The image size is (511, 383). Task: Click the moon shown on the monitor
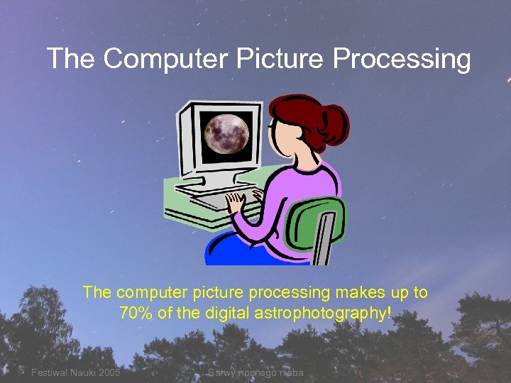tap(226, 131)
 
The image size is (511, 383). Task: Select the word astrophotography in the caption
tap(333, 314)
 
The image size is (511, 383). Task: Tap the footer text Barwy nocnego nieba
tap(255, 372)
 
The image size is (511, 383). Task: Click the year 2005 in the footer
tap(108, 372)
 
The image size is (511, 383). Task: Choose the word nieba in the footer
tap(290, 372)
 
